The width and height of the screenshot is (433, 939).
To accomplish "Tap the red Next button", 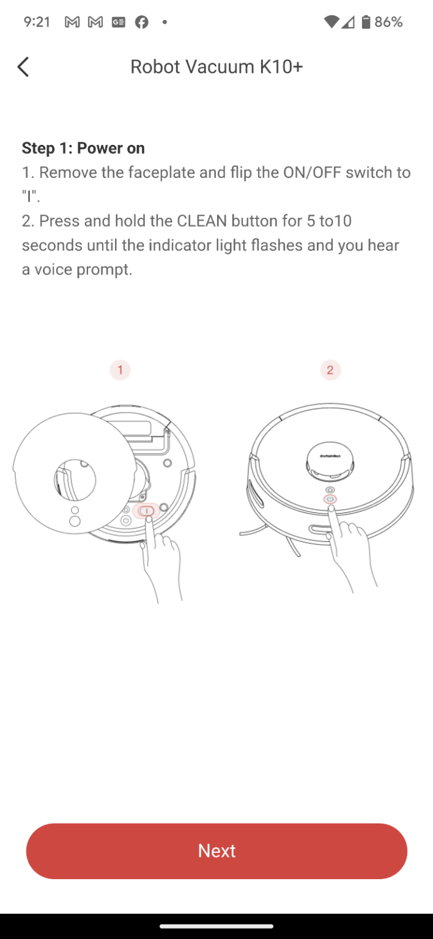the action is click(216, 850).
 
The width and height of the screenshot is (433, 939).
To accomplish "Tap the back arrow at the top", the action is click(23, 67).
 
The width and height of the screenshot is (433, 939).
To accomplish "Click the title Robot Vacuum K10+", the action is click(216, 67).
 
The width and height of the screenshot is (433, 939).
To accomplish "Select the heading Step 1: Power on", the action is click(83, 148).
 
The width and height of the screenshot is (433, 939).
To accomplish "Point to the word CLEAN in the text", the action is click(202, 221).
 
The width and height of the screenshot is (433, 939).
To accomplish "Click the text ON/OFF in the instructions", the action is click(312, 172).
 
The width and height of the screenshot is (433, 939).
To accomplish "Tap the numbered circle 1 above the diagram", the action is click(120, 370).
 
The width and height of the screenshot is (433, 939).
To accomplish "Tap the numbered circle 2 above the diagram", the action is click(330, 370).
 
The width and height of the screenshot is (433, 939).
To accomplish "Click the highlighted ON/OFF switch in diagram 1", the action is click(146, 511).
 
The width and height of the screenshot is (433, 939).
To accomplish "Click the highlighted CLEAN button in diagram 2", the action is click(330, 499).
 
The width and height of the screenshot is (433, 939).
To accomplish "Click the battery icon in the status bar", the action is click(366, 22).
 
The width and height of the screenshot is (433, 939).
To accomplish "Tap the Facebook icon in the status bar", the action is click(142, 22).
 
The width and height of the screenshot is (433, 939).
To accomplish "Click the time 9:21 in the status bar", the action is click(37, 22).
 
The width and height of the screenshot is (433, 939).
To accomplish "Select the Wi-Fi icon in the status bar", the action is click(331, 22).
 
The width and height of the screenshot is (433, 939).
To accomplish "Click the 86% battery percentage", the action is click(388, 22).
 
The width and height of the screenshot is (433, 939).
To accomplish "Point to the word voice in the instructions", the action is click(53, 270).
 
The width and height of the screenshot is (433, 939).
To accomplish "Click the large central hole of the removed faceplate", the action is click(75, 479).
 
